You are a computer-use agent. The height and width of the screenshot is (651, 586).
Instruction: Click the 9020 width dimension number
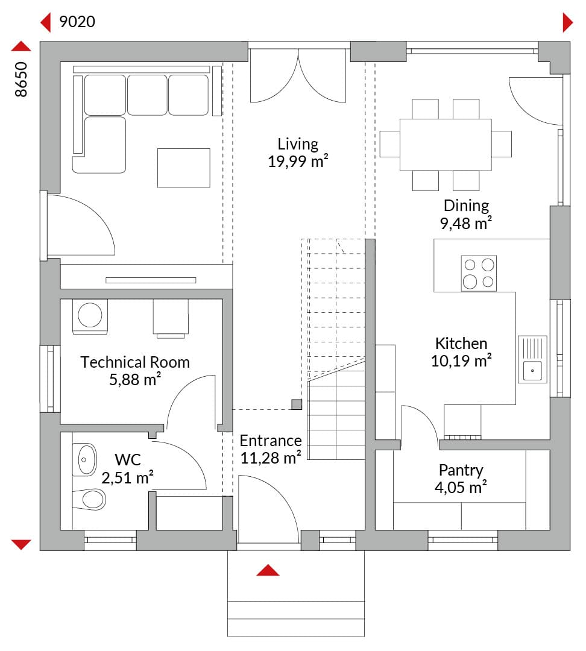coord(77,22)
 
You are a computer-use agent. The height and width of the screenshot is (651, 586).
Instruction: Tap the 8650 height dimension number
coord(20,80)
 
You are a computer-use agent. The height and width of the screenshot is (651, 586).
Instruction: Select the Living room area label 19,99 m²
coord(298,161)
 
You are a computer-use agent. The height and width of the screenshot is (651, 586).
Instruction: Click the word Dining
coord(466,206)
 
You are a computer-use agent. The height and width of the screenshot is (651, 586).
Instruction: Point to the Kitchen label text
coord(461,344)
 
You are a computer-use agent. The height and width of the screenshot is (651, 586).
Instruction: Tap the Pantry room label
coord(461,470)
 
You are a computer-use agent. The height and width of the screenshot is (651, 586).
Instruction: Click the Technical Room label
coord(135,362)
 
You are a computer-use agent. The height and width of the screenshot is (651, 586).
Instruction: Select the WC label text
coord(127,459)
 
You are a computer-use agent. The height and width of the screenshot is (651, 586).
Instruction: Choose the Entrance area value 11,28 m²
coord(271,458)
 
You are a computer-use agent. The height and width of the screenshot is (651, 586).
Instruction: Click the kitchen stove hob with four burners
coord(479,273)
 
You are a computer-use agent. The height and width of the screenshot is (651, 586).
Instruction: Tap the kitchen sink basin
coord(532,370)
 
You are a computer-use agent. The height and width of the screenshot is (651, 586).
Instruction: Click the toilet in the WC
coord(89,499)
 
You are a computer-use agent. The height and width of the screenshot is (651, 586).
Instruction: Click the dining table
coord(446,145)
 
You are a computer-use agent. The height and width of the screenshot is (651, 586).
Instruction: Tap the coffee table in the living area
coord(183,168)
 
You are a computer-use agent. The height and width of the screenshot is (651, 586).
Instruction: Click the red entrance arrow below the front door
coord(268,570)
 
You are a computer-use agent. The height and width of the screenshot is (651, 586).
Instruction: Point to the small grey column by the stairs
coord(297,404)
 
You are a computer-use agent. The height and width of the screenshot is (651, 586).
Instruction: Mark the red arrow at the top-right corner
coord(568,22)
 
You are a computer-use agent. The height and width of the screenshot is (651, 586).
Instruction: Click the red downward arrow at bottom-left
coord(21,544)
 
